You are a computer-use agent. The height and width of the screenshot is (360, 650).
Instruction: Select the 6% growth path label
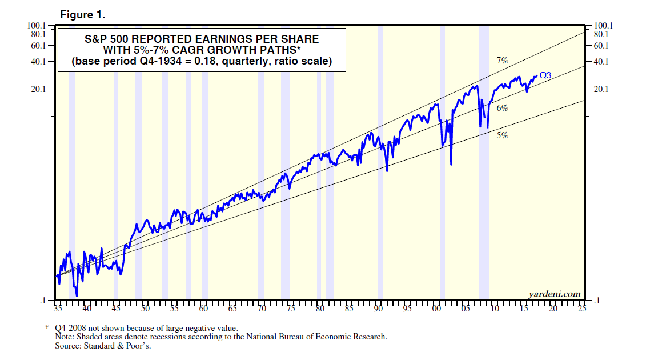[x=502, y=107]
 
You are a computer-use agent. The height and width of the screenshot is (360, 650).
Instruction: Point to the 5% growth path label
[x=502, y=135]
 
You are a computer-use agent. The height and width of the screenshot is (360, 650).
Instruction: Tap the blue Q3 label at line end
[x=545, y=75]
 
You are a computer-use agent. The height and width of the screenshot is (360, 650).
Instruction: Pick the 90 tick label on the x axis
[x=378, y=309]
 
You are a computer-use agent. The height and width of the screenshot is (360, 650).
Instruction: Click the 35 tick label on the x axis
[x=58, y=309]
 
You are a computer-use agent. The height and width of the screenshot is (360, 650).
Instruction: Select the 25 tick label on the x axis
[x=582, y=309]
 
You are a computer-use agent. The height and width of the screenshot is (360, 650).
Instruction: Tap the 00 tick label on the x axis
[x=436, y=309]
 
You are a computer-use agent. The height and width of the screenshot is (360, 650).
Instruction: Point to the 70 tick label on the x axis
[x=262, y=309]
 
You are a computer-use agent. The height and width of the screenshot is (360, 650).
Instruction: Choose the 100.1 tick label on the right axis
[x=603, y=26]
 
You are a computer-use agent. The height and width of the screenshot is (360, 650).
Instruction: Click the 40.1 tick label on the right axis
[x=603, y=61]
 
